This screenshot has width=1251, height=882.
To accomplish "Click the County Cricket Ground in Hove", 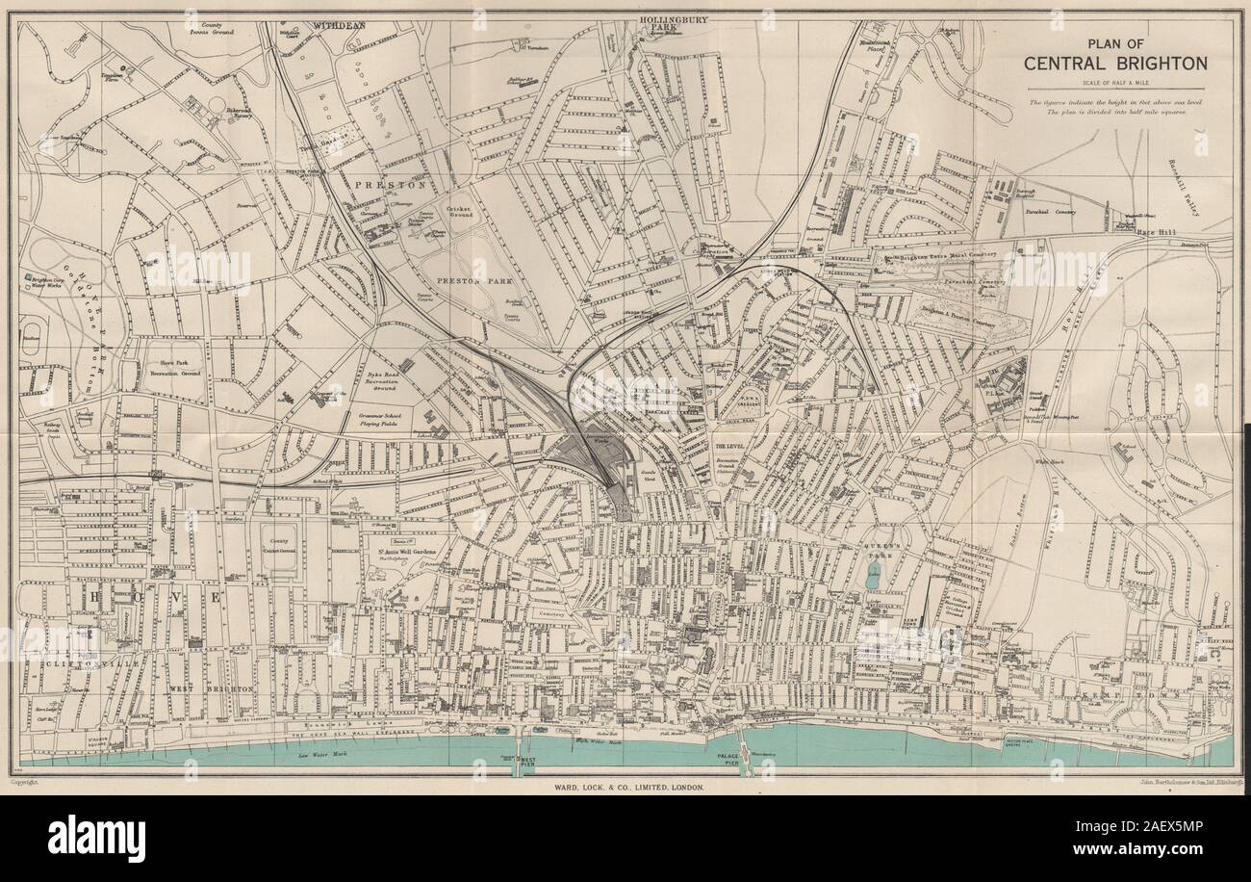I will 280,550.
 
